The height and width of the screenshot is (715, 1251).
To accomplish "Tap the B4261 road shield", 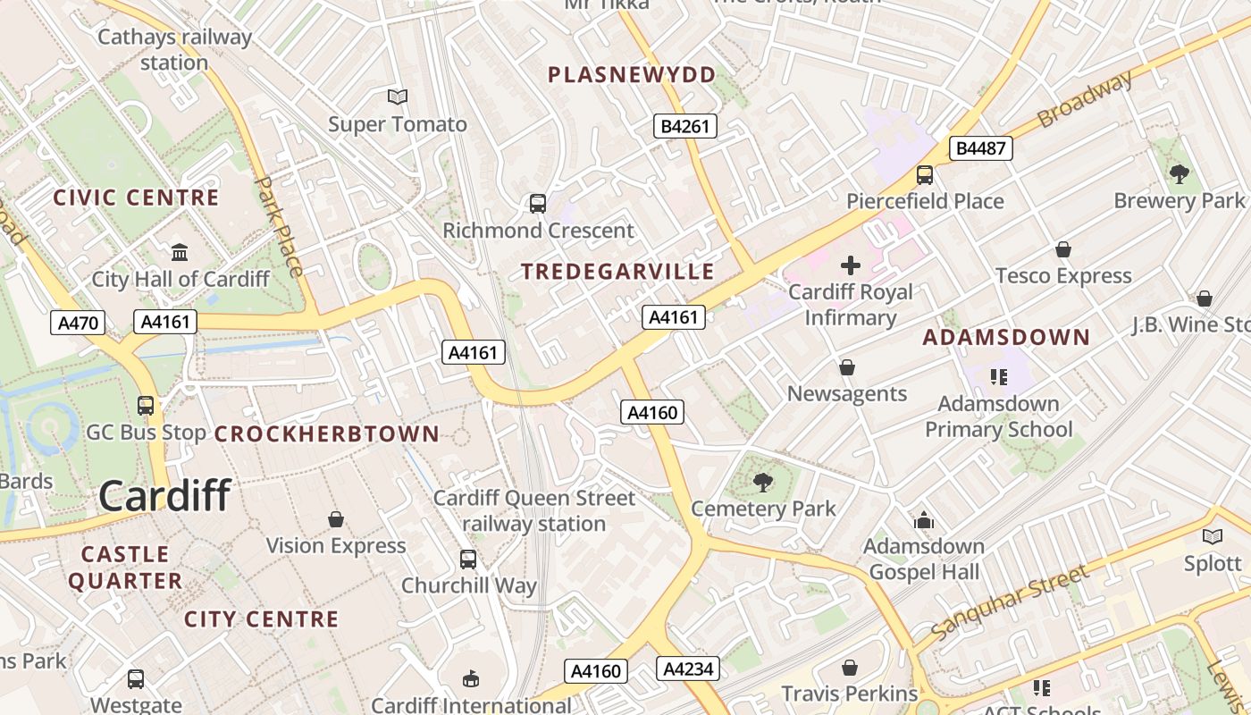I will (685, 126).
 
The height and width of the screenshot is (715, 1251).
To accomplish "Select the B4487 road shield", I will (980, 148).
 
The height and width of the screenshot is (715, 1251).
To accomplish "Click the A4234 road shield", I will (686, 668).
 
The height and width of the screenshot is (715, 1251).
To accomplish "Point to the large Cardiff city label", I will (164, 495).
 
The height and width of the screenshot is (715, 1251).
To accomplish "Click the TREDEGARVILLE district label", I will (617, 272).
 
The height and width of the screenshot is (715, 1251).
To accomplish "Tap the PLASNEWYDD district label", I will (632, 75).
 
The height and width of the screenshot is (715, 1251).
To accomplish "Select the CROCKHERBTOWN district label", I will (327, 434).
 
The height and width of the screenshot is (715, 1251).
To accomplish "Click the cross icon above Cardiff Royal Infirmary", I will (851, 265).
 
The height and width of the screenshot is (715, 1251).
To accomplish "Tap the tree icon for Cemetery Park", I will (762, 483).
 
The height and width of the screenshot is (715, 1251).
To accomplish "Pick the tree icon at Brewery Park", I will (1179, 174).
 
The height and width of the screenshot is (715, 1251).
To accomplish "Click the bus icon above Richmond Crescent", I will (538, 204).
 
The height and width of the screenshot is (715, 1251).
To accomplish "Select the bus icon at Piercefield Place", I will (925, 175).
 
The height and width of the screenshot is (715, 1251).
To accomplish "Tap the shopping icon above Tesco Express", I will (1063, 249).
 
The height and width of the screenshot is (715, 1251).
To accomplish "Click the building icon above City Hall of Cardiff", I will (180, 253).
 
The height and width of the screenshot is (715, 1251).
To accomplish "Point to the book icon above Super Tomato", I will (397, 97).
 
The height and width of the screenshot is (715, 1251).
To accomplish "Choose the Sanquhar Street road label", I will (1009, 601).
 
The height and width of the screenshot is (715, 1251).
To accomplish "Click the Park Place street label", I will (280, 225).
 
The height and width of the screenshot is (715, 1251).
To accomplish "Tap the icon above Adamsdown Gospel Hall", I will (923, 520).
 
